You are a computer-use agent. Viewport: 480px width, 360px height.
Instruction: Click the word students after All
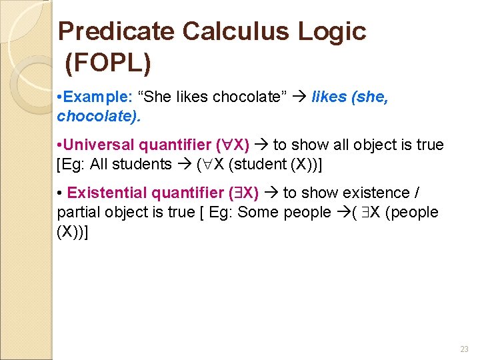point(142,164)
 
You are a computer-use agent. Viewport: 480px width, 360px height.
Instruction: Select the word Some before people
point(256,213)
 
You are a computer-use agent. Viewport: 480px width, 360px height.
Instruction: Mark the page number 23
point(464,349)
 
